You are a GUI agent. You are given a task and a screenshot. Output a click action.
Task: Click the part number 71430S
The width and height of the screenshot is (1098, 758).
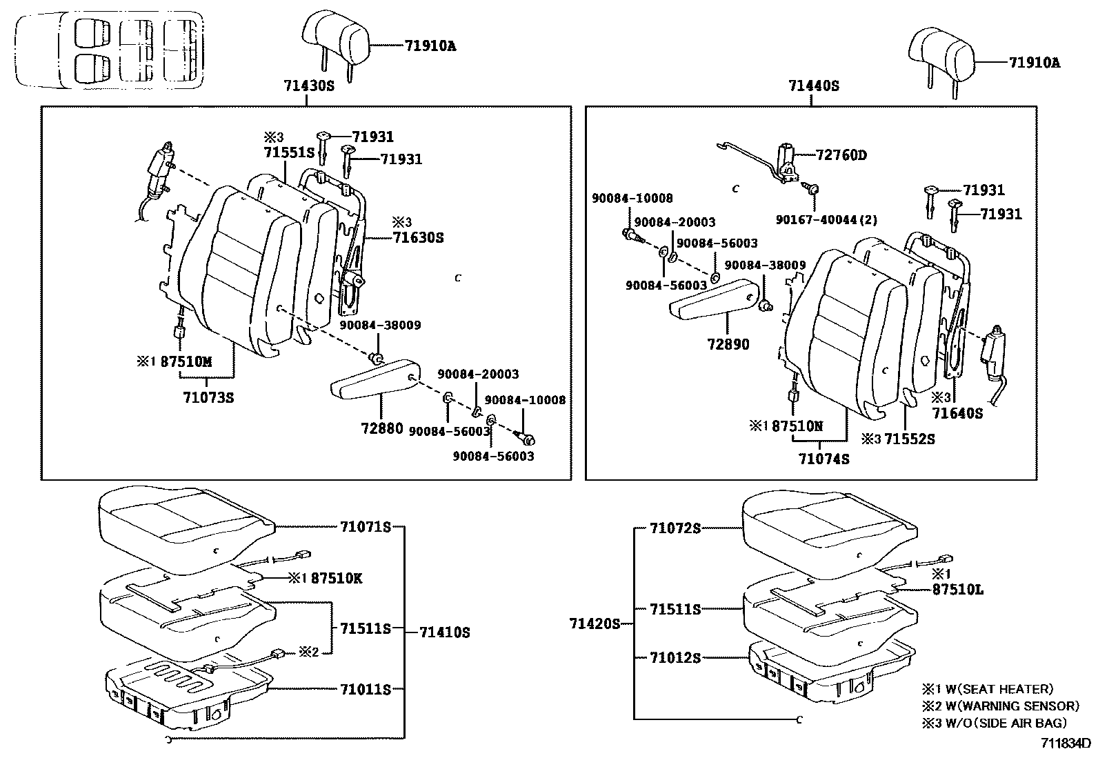[x=308, y=86]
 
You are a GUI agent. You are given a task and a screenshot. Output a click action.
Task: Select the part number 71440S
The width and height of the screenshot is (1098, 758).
[x=814, y=86]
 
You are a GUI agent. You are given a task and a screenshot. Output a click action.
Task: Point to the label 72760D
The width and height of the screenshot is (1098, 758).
[x=841, y=155]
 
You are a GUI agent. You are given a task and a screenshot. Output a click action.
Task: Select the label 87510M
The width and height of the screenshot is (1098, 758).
[x=186, y=361]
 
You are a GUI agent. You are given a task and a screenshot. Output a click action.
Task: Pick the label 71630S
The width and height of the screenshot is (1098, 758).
[x=418, y=238]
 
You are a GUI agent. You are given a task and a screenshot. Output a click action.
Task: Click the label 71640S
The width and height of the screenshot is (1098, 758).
[x=957, y=413]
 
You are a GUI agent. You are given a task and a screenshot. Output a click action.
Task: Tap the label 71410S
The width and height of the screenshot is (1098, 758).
[x=445, y=632]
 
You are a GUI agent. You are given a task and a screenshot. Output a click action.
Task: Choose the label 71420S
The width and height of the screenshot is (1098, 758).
[x=595, y=624]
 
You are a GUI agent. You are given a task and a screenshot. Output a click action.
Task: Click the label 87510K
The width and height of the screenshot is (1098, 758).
[x=336, y=579]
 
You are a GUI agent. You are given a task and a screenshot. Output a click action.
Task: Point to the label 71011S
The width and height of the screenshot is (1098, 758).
[x=365, y=688]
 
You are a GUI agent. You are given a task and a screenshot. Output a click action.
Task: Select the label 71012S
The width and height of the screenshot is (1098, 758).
[x=675, y=658]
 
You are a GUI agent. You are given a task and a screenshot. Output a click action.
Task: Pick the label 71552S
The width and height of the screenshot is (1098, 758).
[x=910, y=439]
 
